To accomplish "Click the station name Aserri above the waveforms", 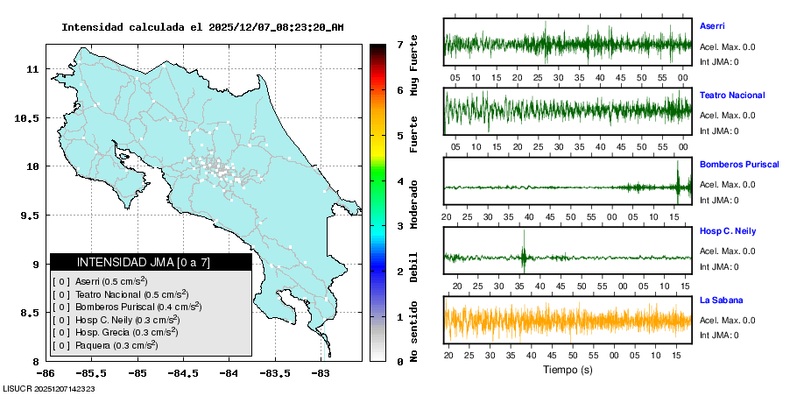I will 712,26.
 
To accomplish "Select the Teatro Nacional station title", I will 732,95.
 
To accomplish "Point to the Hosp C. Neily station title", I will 726,231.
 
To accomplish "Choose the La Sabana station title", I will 721,300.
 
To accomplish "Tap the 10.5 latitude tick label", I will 30,117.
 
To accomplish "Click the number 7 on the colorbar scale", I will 399,44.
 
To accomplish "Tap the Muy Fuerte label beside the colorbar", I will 413,66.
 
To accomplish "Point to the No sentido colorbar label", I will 413,334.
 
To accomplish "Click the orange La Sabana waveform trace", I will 568,320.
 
